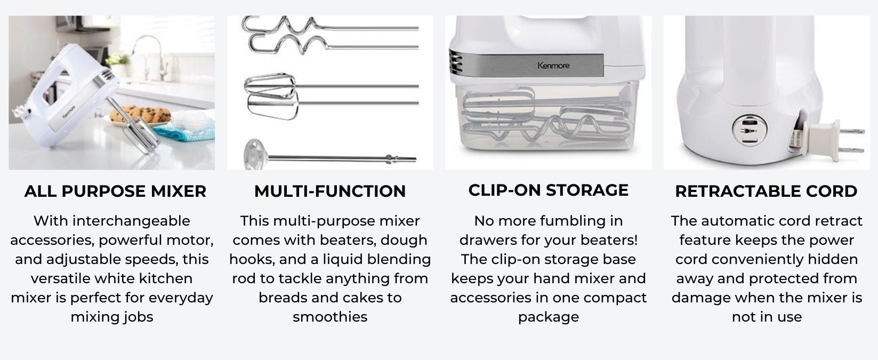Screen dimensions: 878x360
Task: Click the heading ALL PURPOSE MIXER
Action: pos(115,191)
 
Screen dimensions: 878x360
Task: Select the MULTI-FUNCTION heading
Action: pos(330,191)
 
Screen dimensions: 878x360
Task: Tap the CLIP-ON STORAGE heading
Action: pos(549,190)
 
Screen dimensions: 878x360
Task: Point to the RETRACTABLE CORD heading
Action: pos(766,191)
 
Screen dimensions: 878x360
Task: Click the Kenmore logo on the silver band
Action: pos(553,66)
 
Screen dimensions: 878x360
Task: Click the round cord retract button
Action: pos(750,130)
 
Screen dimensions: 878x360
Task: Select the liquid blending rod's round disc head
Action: pos(255,155)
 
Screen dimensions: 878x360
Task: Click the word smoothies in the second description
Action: pos(330,317)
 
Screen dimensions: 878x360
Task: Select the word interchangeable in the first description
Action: pos(131,221)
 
